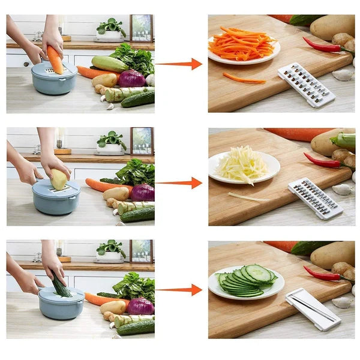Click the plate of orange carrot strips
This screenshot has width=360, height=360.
[244, 46]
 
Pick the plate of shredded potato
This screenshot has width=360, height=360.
[244, 166]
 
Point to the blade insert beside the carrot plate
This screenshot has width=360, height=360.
[305, 84]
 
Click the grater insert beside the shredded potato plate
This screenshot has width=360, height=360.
[314, 199]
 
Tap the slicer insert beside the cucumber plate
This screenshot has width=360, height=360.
[312, 308]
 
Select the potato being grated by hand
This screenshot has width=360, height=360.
[59, 179]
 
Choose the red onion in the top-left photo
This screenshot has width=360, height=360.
[131, 79]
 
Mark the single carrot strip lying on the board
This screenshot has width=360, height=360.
[244, 78]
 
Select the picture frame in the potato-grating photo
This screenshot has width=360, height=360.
[142, 141]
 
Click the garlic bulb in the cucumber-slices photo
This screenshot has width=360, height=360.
[343, 302]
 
